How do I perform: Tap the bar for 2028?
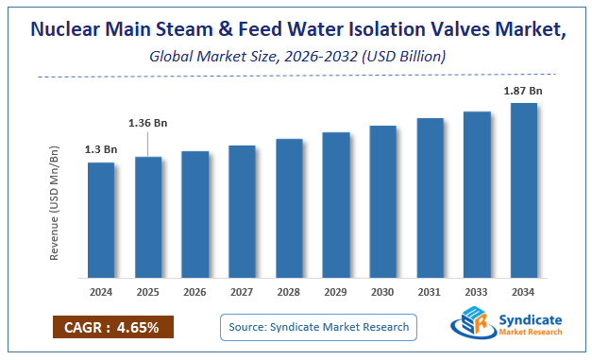289,213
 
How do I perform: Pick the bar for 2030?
382,206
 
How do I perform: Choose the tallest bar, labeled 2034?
524,195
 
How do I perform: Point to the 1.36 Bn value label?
148,123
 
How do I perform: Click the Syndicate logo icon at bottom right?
470,326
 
